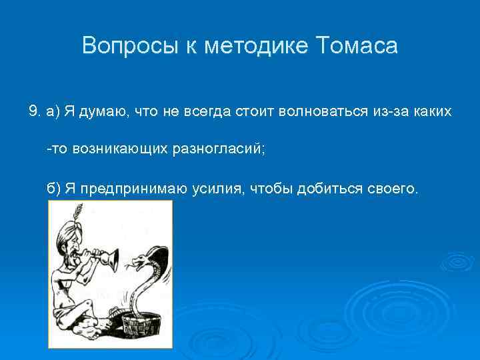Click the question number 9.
pyautogui.click(x=33, y=111)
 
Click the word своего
pyautogui.click(x=393, y=189)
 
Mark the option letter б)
pyautogui.click(x=54, y=189)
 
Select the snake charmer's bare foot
pyautogui.click(x=83, y=329)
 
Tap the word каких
pyautogui.click(x=433, y=111)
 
